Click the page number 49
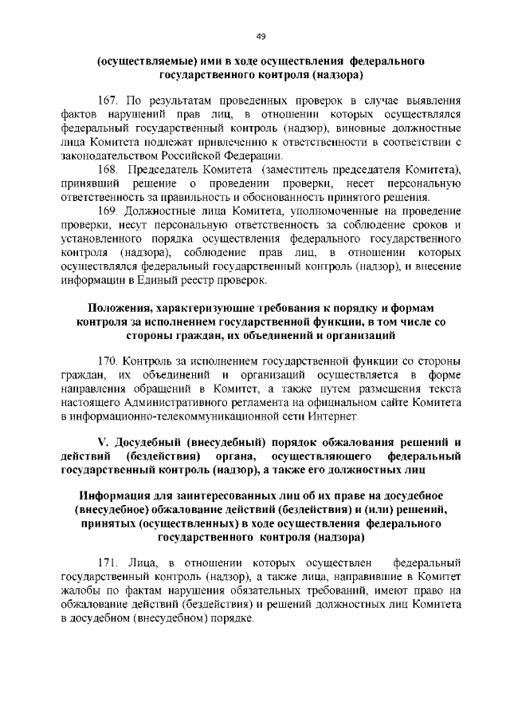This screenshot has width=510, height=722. [261, 36]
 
